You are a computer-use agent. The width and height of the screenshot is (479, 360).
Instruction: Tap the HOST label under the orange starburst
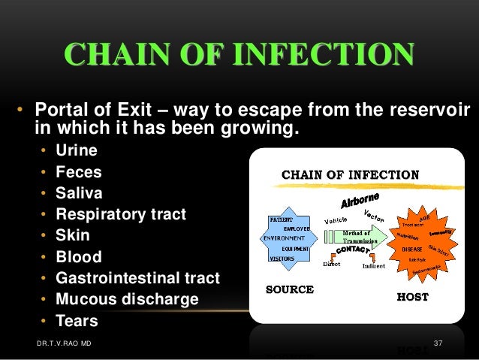tap(412, 296)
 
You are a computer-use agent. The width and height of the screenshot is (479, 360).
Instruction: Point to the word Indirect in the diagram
tap(373, 265)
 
